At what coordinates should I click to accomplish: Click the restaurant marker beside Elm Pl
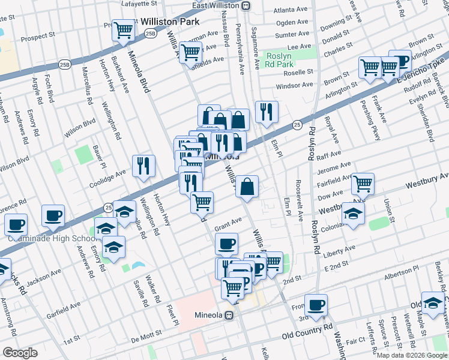pos(267,111)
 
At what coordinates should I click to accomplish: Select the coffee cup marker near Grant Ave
pos(226,244)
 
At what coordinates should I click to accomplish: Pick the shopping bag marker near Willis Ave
pos(247,186)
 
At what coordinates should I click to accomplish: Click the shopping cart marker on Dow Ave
pos(363,184)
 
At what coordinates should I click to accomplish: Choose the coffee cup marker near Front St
pos(316,304)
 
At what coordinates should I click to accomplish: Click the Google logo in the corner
pos(20,352)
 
